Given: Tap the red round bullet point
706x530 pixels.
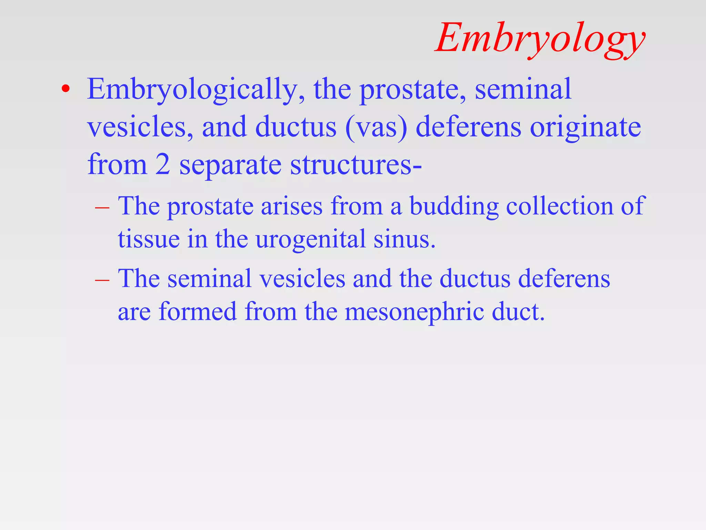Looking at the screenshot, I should click(65, 89).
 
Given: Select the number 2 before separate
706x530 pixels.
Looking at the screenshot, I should click(162, 165).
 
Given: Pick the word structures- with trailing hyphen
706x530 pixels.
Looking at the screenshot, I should click(356, 165).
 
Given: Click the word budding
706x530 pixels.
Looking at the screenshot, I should click(454, 206).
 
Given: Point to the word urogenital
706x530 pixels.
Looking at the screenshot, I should click(310, 239).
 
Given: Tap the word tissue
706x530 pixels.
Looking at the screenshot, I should click(149, 239).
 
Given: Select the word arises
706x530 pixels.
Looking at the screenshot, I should click(292, 206).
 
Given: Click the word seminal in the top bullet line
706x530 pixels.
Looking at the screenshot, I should click(523, 89).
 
